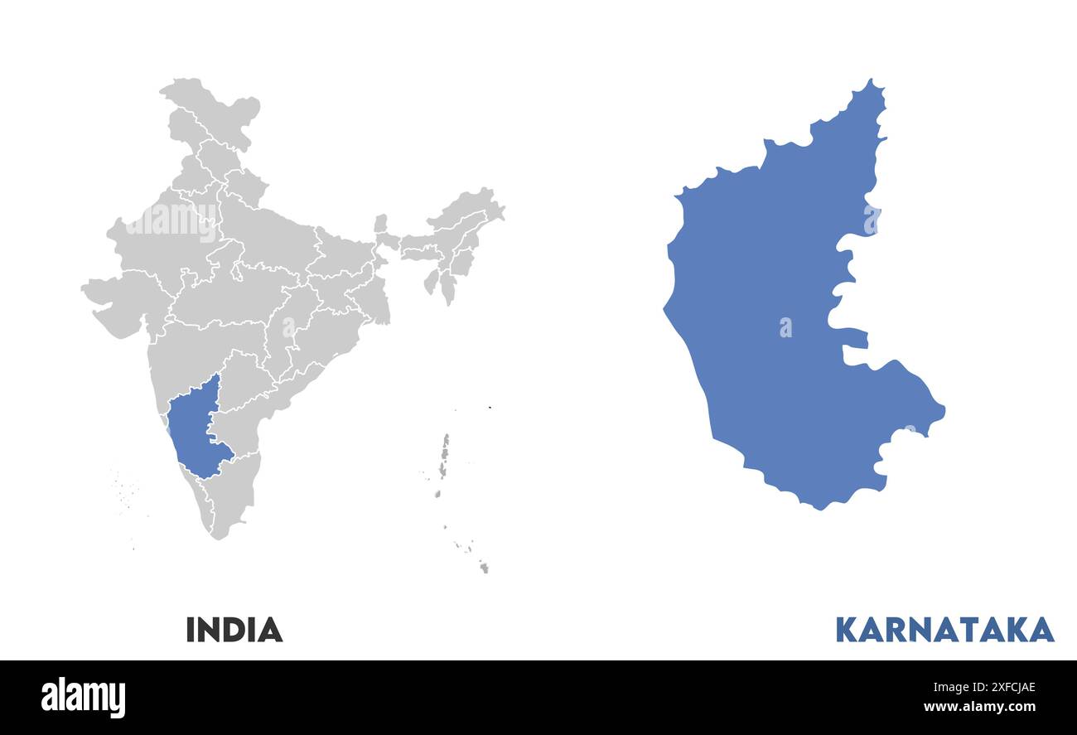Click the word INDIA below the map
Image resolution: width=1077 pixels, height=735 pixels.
click(x=234, y=630)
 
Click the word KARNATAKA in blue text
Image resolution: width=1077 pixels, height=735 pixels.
click(x=944, y=630)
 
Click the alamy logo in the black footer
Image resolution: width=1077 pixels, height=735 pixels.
click(x=83, y=697)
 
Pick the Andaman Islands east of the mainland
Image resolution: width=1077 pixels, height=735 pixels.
click(x=444, y=456)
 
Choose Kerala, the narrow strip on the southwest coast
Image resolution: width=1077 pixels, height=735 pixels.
click(x=199, y=501)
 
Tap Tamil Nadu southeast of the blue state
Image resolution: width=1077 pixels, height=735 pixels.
click(x=236, y=489)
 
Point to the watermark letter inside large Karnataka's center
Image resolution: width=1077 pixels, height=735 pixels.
click(x=785, y=328)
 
